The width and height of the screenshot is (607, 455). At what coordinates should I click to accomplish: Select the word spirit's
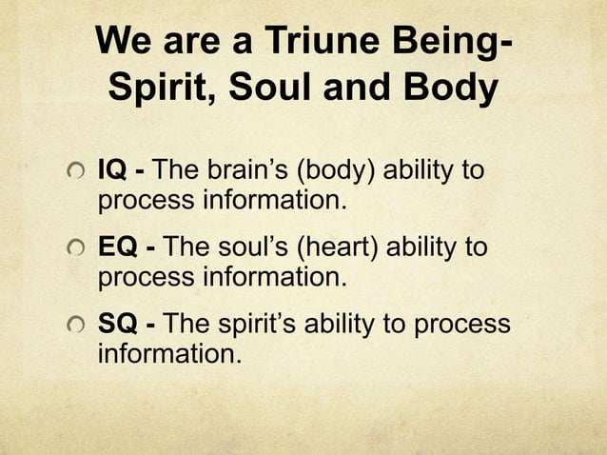242,326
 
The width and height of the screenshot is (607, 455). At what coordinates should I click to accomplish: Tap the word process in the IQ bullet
139,203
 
